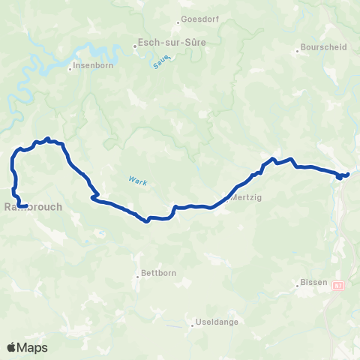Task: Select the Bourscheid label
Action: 323,46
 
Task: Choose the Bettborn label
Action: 159,274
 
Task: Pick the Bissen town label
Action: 314,282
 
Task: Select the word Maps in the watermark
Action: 34,347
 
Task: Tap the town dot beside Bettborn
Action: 139,274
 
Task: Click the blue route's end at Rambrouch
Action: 25,205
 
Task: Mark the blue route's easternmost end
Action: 349,175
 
